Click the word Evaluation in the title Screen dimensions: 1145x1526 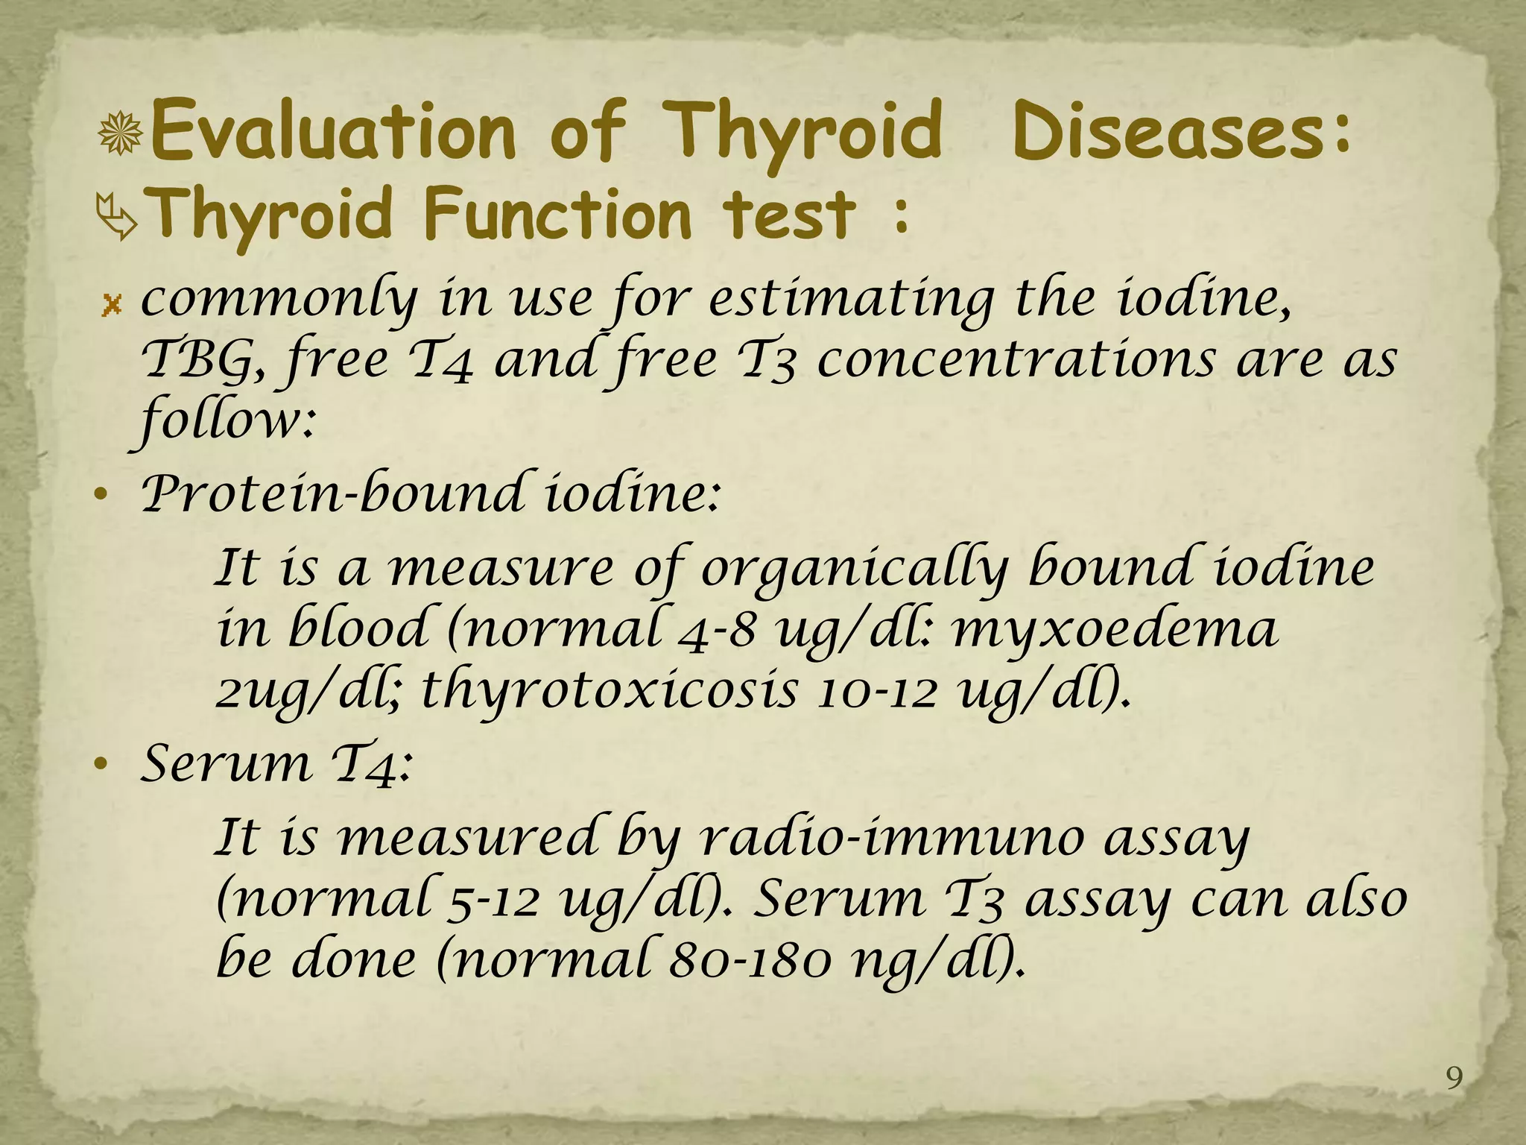click(333, 132)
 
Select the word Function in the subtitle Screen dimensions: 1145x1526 click(557, 214)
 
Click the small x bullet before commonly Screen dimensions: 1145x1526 click(112, 304)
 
